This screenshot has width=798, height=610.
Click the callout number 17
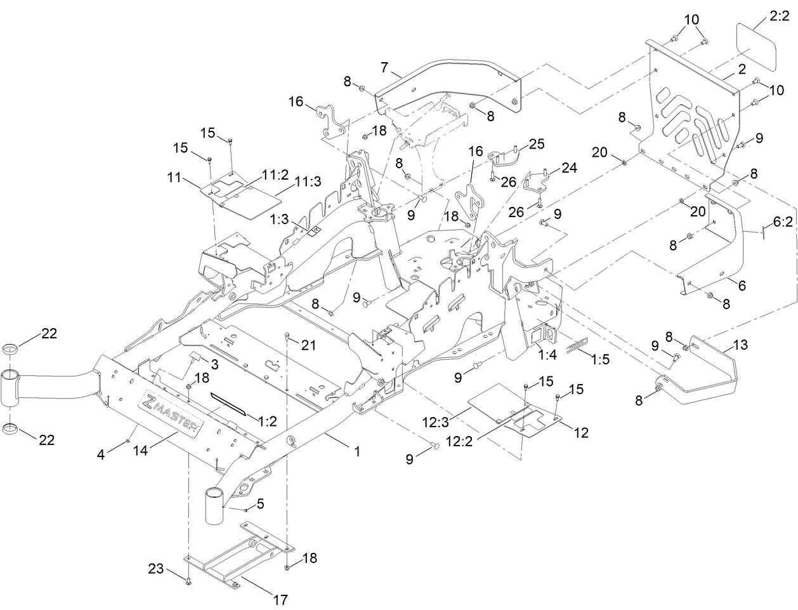[x=280, y=599]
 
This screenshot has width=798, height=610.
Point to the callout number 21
[x=308, y=345]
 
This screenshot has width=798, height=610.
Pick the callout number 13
[x=740, y=345]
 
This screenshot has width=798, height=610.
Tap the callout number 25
[x=537, y=144]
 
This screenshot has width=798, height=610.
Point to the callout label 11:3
[x=307, y=182]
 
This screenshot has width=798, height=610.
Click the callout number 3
[x=215, y=364]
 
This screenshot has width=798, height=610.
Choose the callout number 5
[x=261, y=504]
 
